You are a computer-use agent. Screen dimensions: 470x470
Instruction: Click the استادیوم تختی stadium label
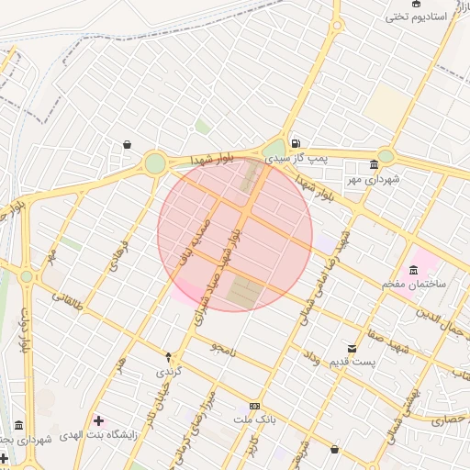click(x=415, y=16)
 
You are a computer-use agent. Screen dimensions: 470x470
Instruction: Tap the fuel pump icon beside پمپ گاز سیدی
click(x=295, y=143)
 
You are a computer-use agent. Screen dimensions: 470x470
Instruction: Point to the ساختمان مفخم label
click(x=414, y=285)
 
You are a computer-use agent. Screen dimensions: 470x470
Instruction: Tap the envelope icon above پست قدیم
click(x=352, y=348)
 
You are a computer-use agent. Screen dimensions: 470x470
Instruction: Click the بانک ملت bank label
click(x=254, y=420)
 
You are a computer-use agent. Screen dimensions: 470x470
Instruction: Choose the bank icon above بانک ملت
click(x=254, y=407)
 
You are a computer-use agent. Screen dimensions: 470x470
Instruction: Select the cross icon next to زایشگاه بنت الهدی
click(x=98, y=420)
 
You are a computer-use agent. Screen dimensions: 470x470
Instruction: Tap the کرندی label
click(x=169, y=372)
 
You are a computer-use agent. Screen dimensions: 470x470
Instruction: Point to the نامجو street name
click(x=222, y=350)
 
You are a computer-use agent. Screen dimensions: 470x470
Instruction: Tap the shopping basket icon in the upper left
click(x=126, y=144)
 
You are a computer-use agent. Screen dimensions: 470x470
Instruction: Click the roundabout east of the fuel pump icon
click(x=386, y=156)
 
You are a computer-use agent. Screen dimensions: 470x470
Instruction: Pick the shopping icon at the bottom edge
click(x=333, y=450)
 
